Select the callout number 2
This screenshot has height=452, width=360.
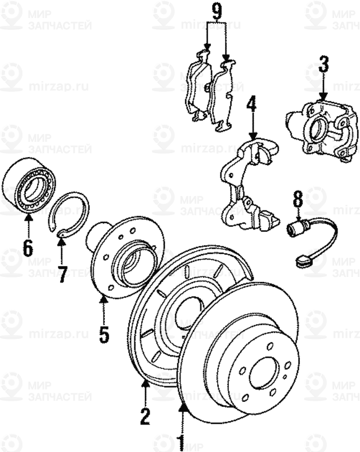pyautogui.click(x=145, y=417)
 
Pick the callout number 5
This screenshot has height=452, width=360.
pyautogui.click(x=103, y=334)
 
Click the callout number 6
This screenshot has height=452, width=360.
pyautogui.click(x=28, y=246)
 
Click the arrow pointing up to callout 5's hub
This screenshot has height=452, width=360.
pyautogui.click(x=103, y=307)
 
